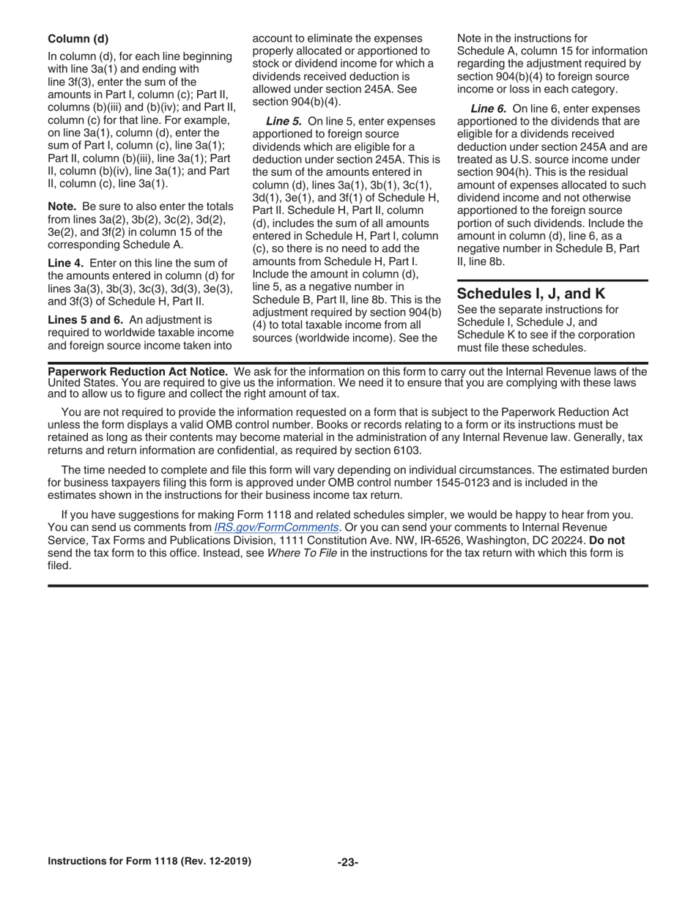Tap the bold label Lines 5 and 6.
coord(85,319)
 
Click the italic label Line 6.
coord(488,108)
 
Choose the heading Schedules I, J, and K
coord(531,293)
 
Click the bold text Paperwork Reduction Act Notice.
coord(138,371)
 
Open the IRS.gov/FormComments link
coord(276,527)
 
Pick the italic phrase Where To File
coord(302,553)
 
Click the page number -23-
coord(348,862)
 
